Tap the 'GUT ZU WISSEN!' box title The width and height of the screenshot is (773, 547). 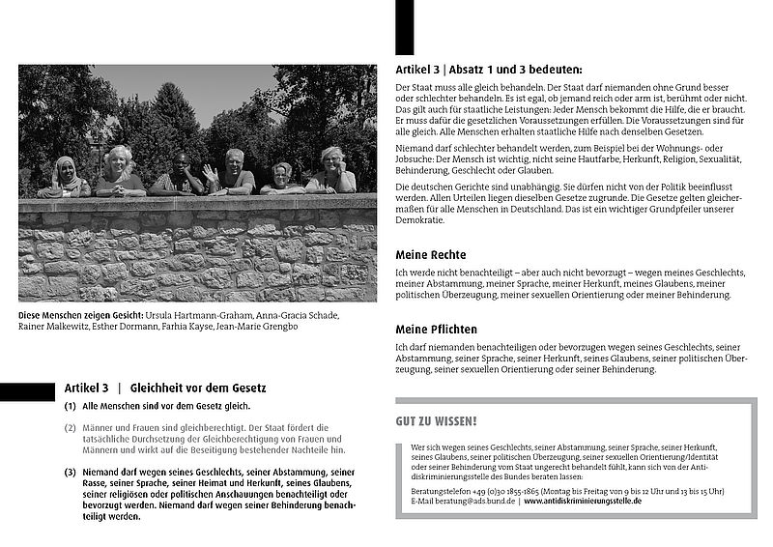point(436,420)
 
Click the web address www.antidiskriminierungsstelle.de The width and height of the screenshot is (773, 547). point(583,502)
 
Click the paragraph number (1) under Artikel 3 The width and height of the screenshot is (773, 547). point(70,407)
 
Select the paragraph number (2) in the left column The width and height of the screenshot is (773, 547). point(70,427)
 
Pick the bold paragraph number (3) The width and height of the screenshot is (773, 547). point(70,472)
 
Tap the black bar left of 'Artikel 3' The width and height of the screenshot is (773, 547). point(27,390)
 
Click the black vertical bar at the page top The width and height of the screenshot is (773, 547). point(404,27)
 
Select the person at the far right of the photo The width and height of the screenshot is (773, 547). point(331,170)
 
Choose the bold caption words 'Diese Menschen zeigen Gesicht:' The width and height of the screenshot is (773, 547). point(80,315)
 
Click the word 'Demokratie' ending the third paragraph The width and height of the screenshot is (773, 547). point(419,220)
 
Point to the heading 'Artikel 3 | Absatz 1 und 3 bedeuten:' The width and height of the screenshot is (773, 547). point(489,70)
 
